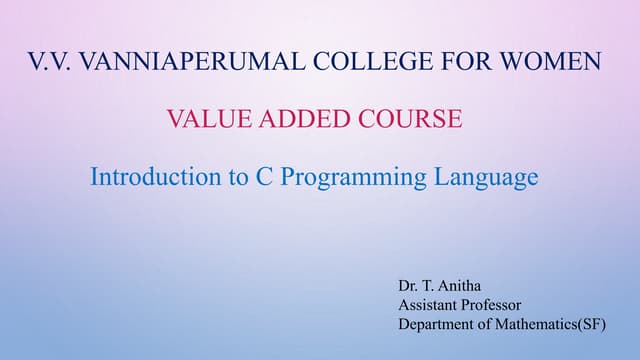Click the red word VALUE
(206, 120)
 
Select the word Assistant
(429, 305)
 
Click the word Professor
(494, 305)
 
